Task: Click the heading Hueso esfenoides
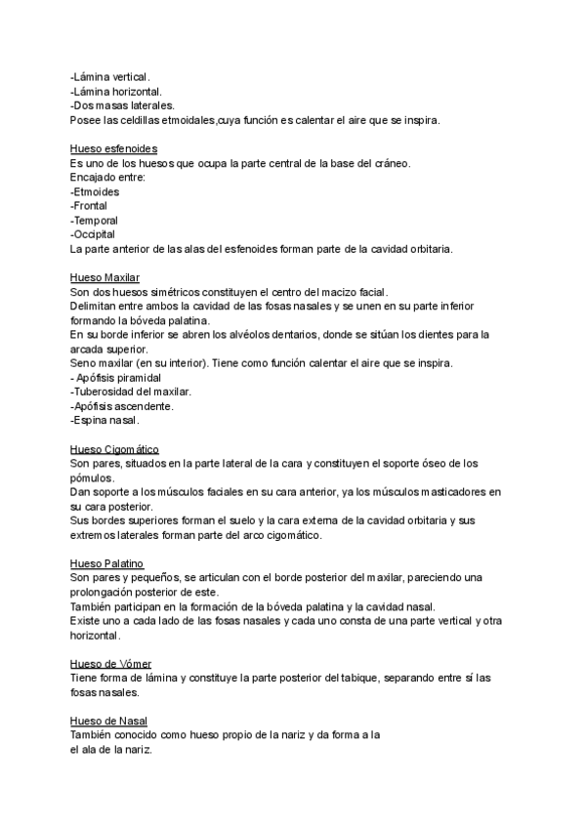click(x=108, y=149)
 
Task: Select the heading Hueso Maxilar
click(x=105, y=277)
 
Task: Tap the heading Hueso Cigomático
click(x=114, y=449)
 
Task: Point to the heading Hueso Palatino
click(x=107, y=563)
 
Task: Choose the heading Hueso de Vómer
click(x=110, y=663)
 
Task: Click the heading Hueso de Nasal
click(x=108, y=720)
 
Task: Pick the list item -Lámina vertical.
click(x=111, y=77)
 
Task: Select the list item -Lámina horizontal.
click(x=116, y=91)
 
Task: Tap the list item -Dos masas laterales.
click(x=123, y=105)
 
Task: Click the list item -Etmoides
click(x=95, y=192)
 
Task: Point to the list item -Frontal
click(x=89, y=206)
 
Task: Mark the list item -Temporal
click(x=95, y=221)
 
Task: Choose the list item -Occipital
click(x=93, y=234)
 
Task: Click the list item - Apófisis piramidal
click(x=116, y=377)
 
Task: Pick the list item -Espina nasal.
click(x=105, y=421)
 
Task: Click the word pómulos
click(x=92, y=478)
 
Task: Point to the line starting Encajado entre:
click(x=107, y=178)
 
